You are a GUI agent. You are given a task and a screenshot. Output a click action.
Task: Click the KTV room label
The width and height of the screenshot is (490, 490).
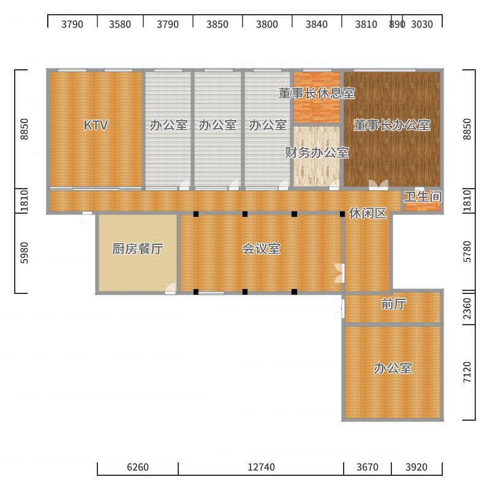coord(96,125)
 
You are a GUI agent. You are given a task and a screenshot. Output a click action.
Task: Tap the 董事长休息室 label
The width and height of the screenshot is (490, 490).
coord(317,93)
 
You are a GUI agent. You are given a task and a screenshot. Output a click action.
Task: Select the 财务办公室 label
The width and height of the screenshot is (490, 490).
coord(317,153)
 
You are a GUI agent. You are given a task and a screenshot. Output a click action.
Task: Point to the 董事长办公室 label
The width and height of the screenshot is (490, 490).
coord(392,125)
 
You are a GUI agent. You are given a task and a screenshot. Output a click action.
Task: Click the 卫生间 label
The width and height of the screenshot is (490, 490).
coord(423,197)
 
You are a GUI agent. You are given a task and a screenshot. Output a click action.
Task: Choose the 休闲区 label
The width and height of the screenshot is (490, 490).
coord(368,213)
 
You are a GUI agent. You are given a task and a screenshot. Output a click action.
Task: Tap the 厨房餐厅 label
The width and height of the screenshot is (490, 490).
coord(138,249)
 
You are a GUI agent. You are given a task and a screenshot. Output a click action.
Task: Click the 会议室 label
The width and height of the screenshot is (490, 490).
coord(262,249)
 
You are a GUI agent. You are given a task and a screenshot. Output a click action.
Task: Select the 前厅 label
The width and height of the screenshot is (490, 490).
coord(394,304)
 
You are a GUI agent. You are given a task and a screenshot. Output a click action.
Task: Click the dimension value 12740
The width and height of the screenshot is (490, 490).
coord(262,467)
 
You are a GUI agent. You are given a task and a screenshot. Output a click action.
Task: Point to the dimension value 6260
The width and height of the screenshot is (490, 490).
coord(138,467)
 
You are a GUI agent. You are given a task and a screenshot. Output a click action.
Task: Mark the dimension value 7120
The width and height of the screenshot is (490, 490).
coord(467,372)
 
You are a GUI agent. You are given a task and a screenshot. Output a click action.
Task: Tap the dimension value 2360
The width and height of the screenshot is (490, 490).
coord(467,309)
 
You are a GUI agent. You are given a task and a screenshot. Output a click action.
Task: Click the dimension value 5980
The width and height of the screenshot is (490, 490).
coord(24,253)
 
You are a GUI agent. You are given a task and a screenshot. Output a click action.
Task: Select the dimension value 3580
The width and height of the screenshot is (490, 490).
coord(120,24)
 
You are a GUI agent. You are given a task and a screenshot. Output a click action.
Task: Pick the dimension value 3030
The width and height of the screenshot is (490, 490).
coord(422,24)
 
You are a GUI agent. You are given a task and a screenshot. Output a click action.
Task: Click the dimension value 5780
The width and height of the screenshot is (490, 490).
coord(467,252)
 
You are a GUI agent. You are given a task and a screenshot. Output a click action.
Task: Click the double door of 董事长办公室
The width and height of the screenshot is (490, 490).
coord(379,185)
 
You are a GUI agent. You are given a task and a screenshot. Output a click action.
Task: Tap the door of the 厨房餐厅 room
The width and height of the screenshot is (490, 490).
coord(171,288)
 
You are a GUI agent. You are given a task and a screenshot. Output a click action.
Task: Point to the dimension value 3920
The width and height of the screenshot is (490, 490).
coord(417,467)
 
